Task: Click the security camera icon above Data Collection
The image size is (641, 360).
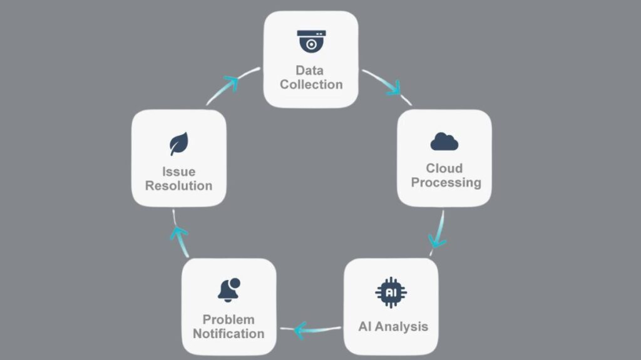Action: [311, 41]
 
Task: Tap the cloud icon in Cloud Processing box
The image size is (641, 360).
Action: [444, 142]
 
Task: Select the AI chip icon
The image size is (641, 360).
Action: [391, 292]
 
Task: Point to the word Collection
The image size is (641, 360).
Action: [311, 85]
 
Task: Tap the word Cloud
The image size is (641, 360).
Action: [444, 168]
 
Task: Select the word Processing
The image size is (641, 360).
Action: [446, 183]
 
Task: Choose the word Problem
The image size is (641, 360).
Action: [228, 319]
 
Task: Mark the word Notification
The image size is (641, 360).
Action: [228, 333]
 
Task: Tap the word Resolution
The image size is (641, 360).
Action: [178, 186]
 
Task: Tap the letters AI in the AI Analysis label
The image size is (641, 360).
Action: [365, 326]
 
